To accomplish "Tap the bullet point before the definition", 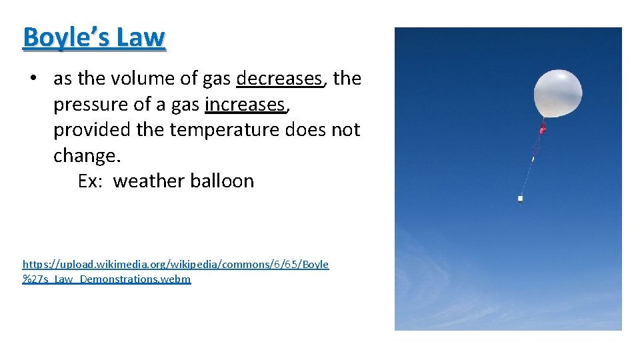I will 33,79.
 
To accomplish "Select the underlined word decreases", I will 279,79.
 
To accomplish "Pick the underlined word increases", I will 245,105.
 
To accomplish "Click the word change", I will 86,155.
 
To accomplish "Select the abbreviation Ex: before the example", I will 90,181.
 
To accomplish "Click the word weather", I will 149,181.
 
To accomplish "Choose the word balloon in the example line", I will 222,181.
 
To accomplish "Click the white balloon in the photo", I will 557,93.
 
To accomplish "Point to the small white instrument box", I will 520,198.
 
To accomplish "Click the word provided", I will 92,129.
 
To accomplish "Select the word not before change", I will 345,129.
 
